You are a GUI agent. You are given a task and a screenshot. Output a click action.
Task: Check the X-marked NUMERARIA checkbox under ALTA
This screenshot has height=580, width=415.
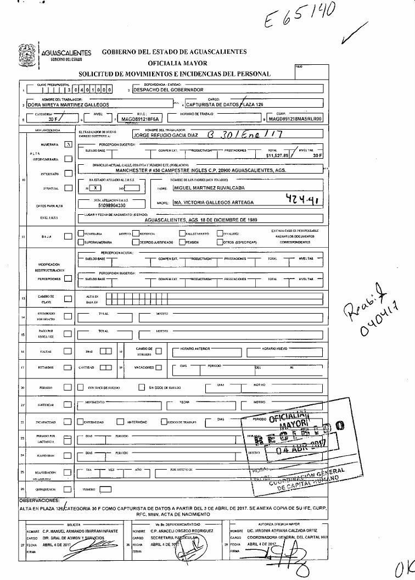click(68, 144)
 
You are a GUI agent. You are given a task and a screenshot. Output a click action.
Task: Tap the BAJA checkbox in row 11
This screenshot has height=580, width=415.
click(68, 237)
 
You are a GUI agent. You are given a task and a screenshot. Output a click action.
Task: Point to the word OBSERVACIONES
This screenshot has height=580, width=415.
click(39, 500)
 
